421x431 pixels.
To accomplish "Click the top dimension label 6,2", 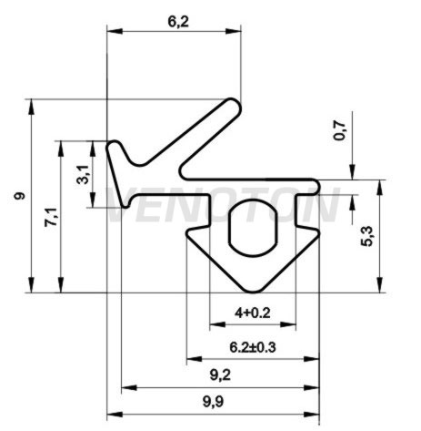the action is pyautogui.click(x=178, y=22).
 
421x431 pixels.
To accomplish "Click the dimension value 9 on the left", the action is pyautogui.click(x=19, y=196).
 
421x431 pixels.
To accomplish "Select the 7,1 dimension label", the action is pyautogui.click(x=51, y=218).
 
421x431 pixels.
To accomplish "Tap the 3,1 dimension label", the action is pyautogui.click(x=83, y=175).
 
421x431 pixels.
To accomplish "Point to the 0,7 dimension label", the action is pyautogui.click(x=339, y=130).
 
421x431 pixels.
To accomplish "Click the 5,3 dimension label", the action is pyautogui.click(x=367, y=237).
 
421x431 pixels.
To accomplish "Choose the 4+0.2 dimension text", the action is pyautogui.click(x=252, y=313).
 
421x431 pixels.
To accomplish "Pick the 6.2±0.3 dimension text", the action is pyautogui.click(x=253, y=347).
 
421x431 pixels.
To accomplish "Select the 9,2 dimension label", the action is pyautogui.click(x=220, y=375).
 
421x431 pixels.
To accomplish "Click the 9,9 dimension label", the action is pyautogui.click(x=213, y=403).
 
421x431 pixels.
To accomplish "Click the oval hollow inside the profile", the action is pyautogui.click(x=253, y=228).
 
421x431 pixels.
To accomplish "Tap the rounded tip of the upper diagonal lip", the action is pyautogui.click(x=234, y=106).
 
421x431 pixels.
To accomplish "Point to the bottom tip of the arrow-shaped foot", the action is pyautogui.click(x=253, y=291).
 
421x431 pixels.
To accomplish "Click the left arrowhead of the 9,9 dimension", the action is pyautogui.click(x=115, y=415).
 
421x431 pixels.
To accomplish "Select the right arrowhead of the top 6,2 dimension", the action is pyautogui.click(x=234, y=31).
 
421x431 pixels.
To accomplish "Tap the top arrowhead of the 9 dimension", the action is pyautogui.click(x=31, y=107).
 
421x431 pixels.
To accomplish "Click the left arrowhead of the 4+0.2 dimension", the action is pyautogui.click(x=217, y=325).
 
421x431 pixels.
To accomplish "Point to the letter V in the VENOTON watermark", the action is pyautogui.click(x=120, y=204).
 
